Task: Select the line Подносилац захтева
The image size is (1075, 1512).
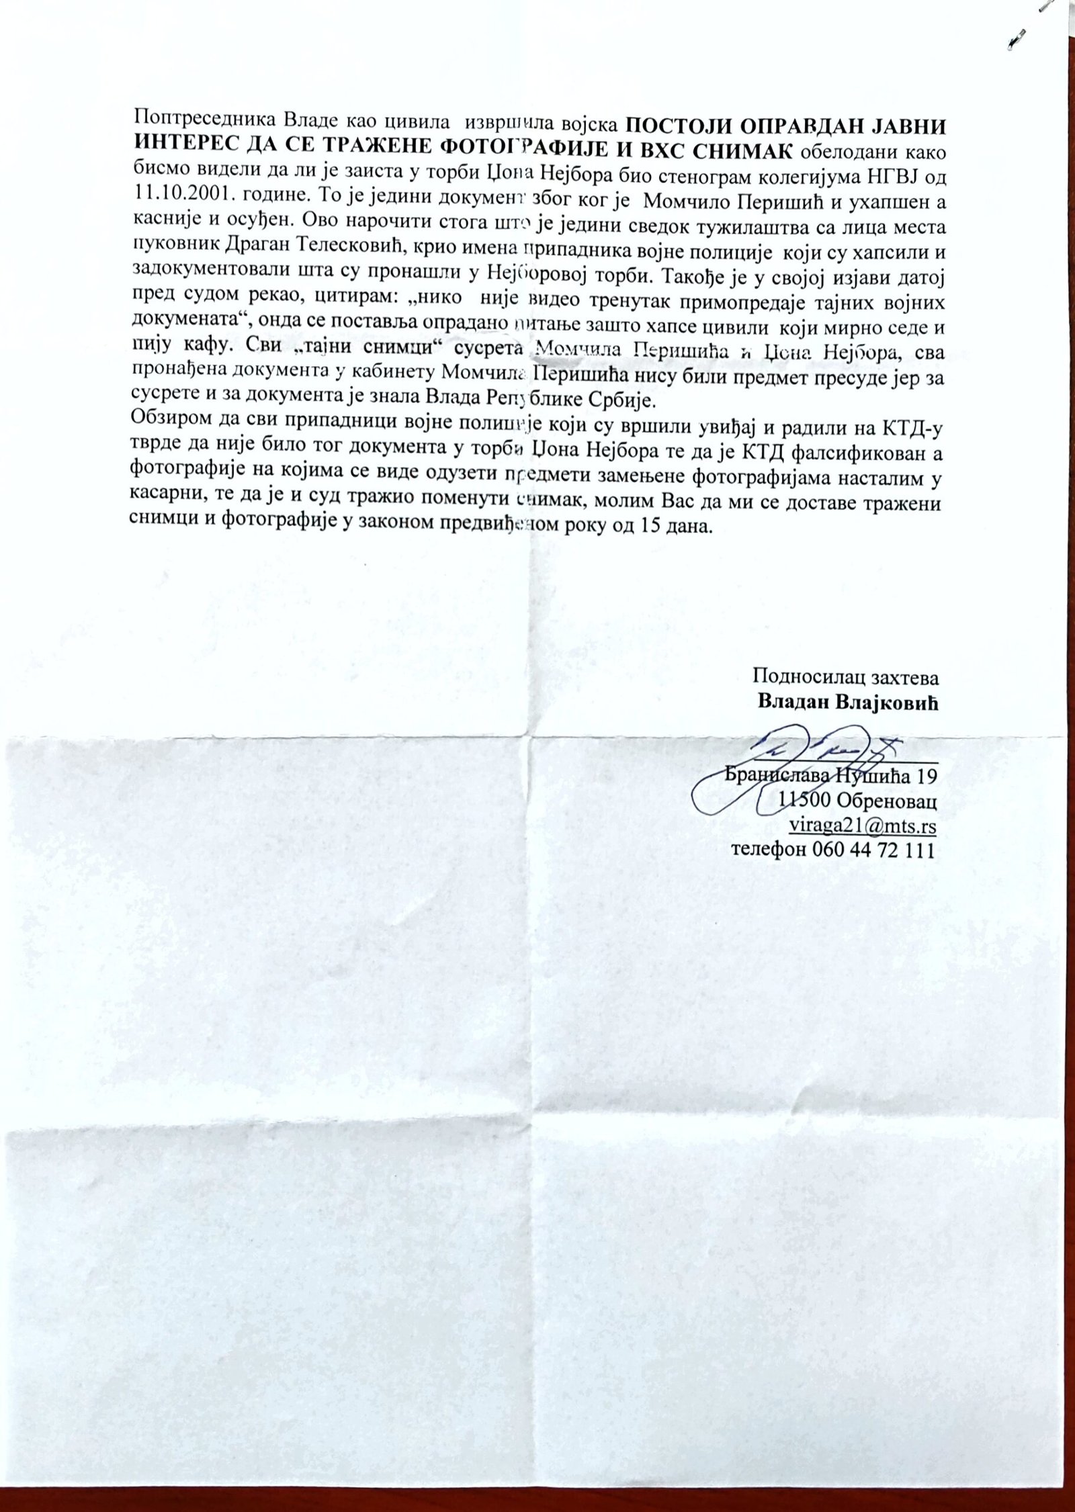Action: (x=846, y=676)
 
